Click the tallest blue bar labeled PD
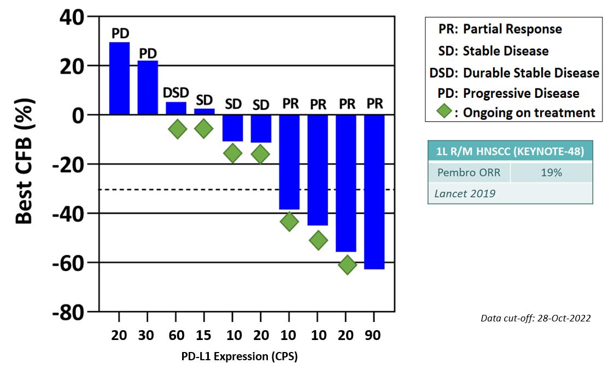pyautogui.click(x=119, y=78)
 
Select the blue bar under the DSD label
pyautogui.click(x=176, y=108)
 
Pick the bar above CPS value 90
pyautogui.click(x=375, y=192)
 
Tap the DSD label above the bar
pyautogui.click(x=176, y=93)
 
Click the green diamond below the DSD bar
pyautogui.click(x=177, y=129)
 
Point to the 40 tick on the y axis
pyautogui.click(x=72, y=17)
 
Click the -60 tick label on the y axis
pyautogui.click(x=68, y=263)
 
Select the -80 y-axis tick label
pyautogui.click(x=68, y=313)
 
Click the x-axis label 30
pyautogui.click(x=146, y=335)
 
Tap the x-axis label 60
pyautogui.click(x=177, y=335)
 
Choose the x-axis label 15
pyautogui.click(x=203, y=335)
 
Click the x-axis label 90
pyautogui.click(x=372, y=335)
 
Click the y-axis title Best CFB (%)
pyautogui.click(x=24, y=161)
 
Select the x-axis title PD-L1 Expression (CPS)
pyautogui.click(x=239, y=356)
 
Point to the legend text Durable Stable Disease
pyautogui.click(x=531, y=73)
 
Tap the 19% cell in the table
pyautogui.click(x=551, y=172)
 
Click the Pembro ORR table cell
pyautogui.click(x=469, y=172)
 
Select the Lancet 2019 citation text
pyautogui.click(x=465, y=194)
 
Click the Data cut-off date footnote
pyautogui.click(x=536, y=318)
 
